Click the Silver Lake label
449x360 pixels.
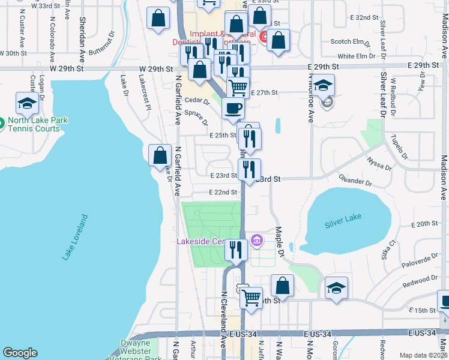click(341, 224)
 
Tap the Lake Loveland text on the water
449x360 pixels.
click(71, 237)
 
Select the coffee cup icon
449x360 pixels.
click(233, 109)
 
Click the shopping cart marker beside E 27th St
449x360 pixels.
click(238, 88)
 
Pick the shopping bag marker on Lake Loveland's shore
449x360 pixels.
click(160, 156)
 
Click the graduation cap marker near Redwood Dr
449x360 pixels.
click(336, 289)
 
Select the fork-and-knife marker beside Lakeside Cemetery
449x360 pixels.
click(236, 249)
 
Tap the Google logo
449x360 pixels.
click(20, 353)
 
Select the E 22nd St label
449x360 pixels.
click(223, 192)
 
